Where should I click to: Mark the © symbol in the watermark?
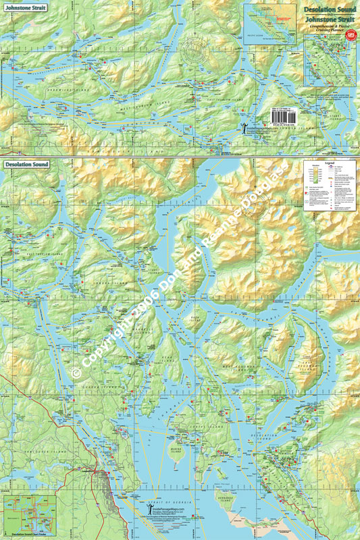coord(76,372)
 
